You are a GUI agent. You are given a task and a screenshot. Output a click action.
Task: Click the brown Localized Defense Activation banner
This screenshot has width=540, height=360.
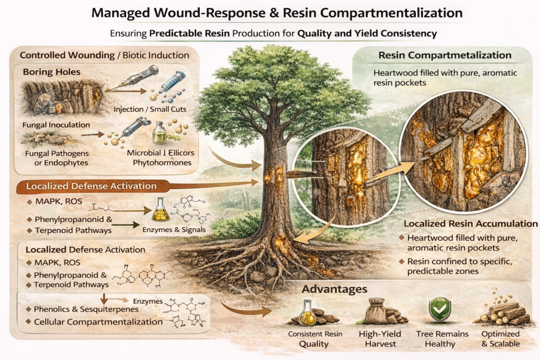(x=92, y=186)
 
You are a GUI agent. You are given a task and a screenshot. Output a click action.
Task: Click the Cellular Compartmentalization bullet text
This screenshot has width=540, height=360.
(x=98, y=322)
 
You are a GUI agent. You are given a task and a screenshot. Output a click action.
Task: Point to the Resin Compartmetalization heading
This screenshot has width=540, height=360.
(x=445, y=55)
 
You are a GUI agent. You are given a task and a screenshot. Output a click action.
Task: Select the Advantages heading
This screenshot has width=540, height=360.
(x=334, y=289)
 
